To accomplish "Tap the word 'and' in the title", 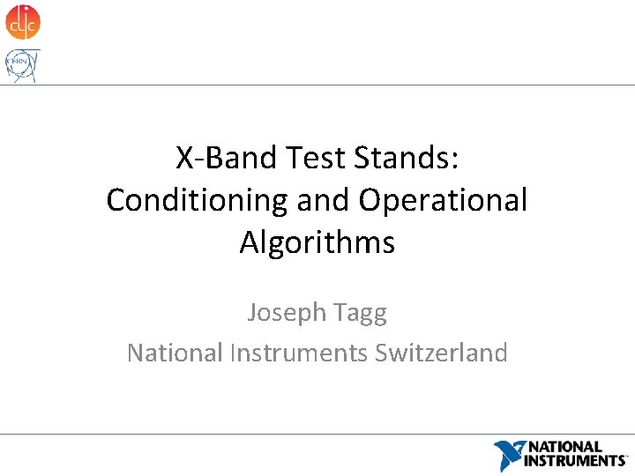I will coord(324,200).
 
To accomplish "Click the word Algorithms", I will coord(317,242).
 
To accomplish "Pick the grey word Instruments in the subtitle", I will coord(299,353).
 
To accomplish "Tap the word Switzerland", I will coord(441,353).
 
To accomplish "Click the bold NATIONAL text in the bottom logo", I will coord(564,448).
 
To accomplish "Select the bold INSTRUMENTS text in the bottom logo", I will coord(575,460).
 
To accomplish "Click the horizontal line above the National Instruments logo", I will coord(317,434).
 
